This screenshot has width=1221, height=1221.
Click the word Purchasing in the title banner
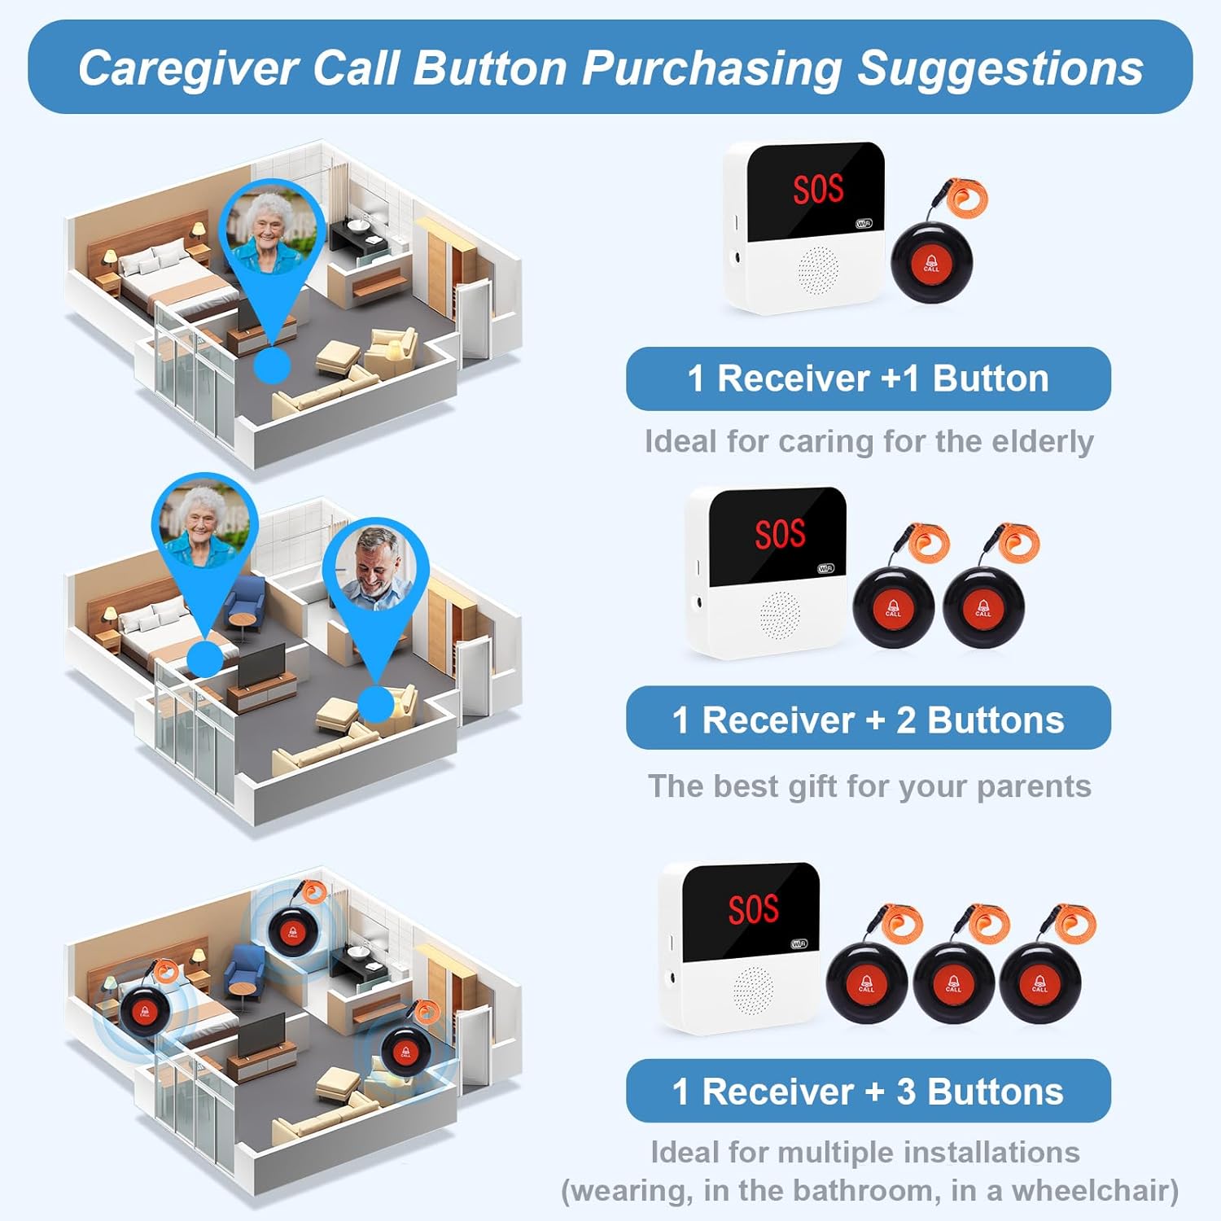pos(711,68)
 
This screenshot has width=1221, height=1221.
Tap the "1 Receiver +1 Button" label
pos(868,379)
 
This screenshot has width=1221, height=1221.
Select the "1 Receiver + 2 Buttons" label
pos(868,720)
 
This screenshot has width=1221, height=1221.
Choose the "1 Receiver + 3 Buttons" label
pos(868,1092)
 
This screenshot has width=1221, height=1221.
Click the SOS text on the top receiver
pos(818,189)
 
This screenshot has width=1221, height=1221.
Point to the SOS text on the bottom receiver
pos(753,908)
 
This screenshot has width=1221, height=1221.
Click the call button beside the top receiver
pos(931,262)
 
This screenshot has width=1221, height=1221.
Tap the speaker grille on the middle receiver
pos(780,613)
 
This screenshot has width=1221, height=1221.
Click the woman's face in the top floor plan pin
pos(270,224)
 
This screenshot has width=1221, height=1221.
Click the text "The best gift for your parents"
pos(869,786)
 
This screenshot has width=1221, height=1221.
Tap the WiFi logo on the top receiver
pos(864,224)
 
